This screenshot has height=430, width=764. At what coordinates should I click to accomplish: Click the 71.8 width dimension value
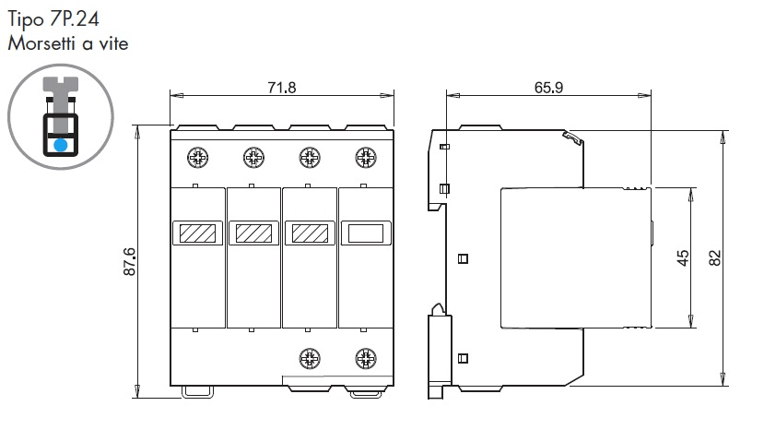pos(282,88)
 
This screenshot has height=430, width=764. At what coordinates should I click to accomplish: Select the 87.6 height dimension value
pos(130,262)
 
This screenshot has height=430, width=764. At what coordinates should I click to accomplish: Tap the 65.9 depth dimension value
pos(548,88)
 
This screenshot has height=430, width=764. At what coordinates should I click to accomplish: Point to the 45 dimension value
pos(683,257)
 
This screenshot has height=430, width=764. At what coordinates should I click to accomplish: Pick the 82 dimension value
pos(714,257)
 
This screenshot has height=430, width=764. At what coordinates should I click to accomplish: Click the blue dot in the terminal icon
pos(61,145)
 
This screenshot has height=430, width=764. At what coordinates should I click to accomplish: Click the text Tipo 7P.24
pos(53,19)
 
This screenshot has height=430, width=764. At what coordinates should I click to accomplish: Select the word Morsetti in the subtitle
pos(42,43)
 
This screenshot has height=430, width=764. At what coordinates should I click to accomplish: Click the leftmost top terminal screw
pos(198,158)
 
